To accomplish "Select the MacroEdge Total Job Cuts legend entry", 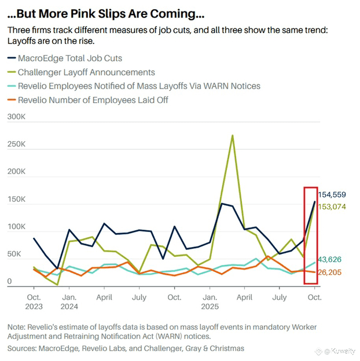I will pos(70,58).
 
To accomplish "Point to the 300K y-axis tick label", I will pos(16,117).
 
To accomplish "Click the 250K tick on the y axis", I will pos(16,145).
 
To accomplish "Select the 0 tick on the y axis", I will pos(9,282).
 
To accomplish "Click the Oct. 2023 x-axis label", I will pos(34,301).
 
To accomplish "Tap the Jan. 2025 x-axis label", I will pos(210,301).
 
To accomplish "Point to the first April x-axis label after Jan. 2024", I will pos(104,297).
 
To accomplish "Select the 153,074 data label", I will pos(335,207).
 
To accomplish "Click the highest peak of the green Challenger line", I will pos(232,136).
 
